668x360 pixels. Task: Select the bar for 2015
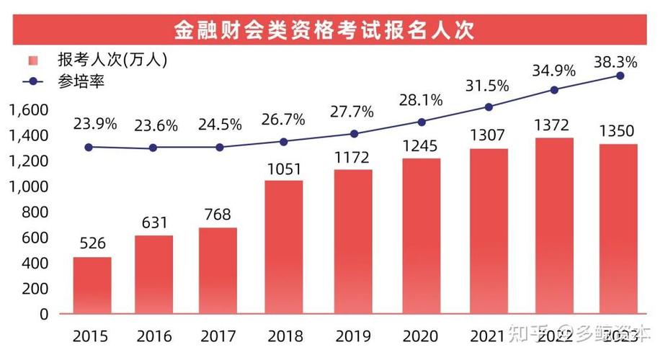point(92,285)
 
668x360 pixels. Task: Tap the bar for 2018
point(283,247)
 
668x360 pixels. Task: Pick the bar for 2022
point(554,225)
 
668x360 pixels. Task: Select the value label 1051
point(283,169)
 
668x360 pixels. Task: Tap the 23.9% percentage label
point(94,124)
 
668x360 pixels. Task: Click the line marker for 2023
point(620,76)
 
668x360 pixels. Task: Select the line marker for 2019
point(354,134)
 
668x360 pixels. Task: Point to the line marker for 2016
point(153,148)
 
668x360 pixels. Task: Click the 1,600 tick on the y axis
point(29,110)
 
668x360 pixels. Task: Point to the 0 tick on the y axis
point(45,315)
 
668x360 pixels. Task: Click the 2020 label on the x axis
point(423,336)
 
